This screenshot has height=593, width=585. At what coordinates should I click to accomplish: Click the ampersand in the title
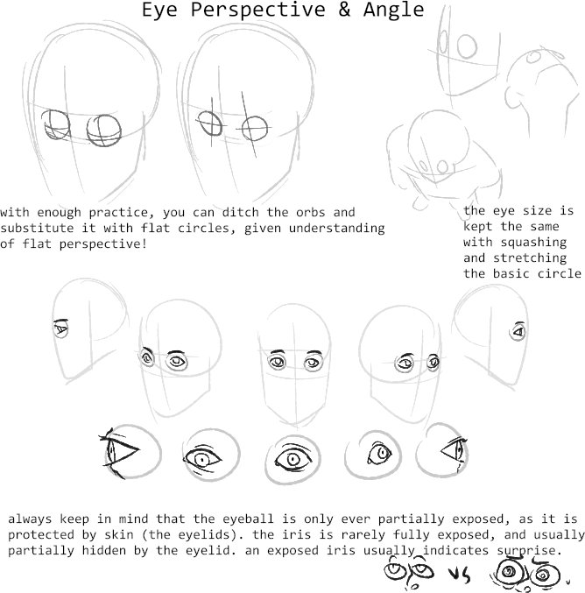tap(344, 9)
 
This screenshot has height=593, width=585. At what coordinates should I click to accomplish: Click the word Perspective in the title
tap(257, 11)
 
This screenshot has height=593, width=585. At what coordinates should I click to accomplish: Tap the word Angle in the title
tap(394, 11)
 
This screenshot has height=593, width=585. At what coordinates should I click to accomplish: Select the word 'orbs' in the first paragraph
tap(311, 212)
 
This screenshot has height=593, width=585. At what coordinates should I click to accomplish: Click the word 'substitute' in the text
tap(37, 228)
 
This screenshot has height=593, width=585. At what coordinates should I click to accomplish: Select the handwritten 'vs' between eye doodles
tap(460, 575)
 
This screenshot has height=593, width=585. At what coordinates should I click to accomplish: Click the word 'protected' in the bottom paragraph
tap(41, 535)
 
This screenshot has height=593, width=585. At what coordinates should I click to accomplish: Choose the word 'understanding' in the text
tap(336, 229)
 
